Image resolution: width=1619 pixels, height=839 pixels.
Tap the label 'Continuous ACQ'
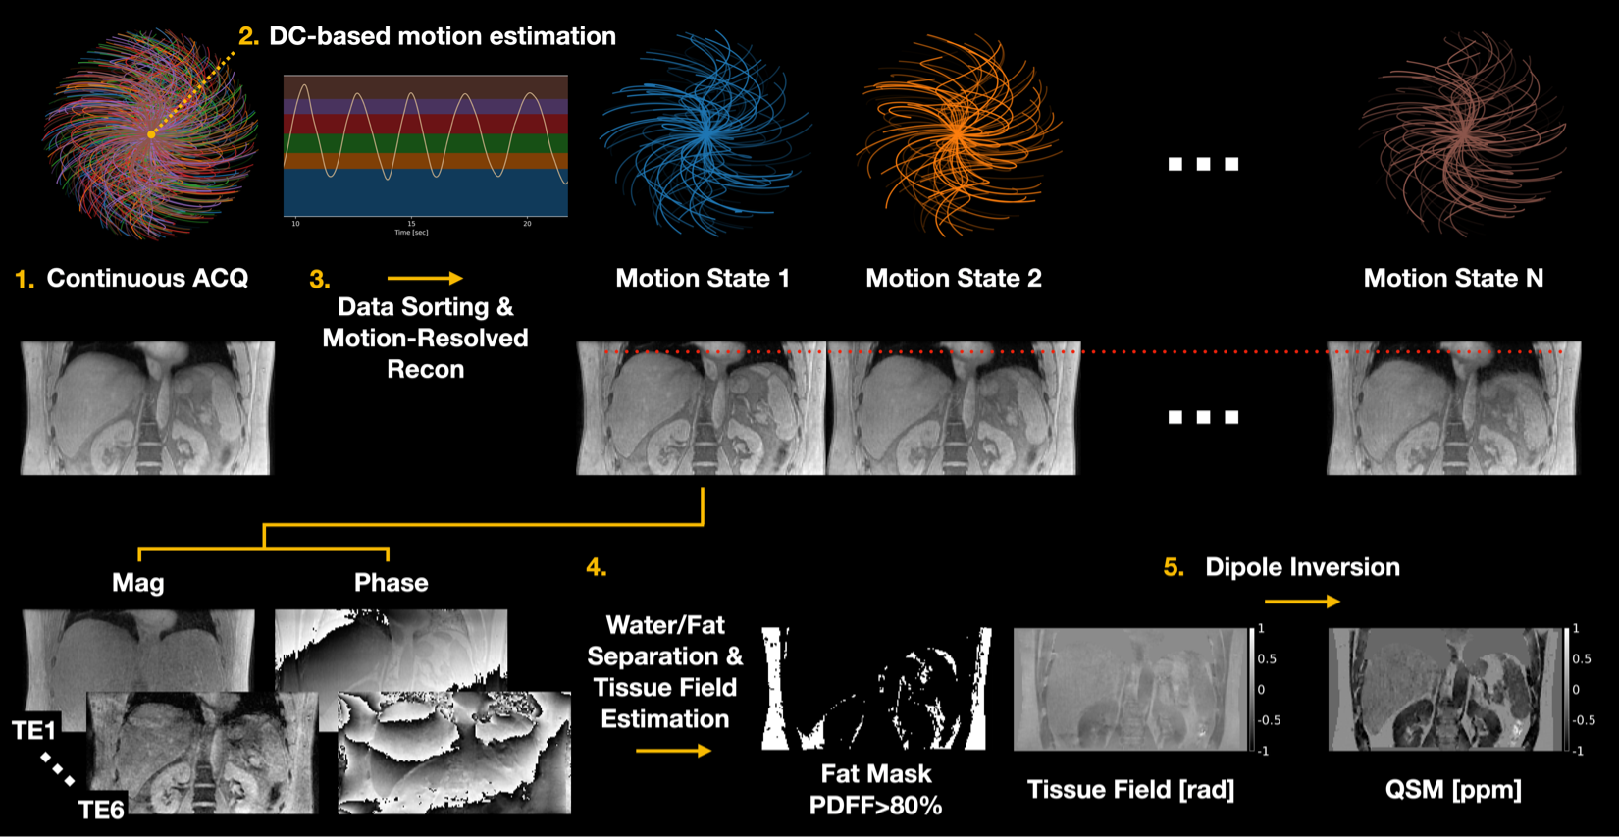[x=147, y=279]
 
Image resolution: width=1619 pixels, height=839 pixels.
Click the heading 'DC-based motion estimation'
[x=442, y=36]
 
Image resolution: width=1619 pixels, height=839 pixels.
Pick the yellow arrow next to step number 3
[x=424, y=279]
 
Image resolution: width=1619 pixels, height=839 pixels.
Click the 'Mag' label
[x=138, y=583]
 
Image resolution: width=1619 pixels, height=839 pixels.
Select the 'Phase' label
[x=391, y=583]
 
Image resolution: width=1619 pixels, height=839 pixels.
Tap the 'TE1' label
[x=34, y=730]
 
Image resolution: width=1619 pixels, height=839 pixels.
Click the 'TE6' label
[x=101, y=810]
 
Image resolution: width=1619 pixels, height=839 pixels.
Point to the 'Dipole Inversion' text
[x=1302, y=567]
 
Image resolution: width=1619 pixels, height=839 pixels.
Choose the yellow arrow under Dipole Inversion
[x=1302, y=602]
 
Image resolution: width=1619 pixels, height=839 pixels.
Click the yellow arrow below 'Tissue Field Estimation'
[x=673, y=751]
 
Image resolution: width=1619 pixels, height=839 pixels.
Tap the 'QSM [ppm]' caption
[x=1453, y=790]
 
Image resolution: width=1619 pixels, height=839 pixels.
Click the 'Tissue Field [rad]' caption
[x=1130, y=790]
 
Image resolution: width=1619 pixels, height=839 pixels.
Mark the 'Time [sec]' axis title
[x=411, y=233]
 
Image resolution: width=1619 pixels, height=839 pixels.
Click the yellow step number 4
[x=596, y=567]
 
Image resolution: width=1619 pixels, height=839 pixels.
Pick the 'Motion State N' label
[x=1453, y=279]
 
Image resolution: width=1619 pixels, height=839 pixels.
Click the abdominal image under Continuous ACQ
[x=146, y=408]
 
